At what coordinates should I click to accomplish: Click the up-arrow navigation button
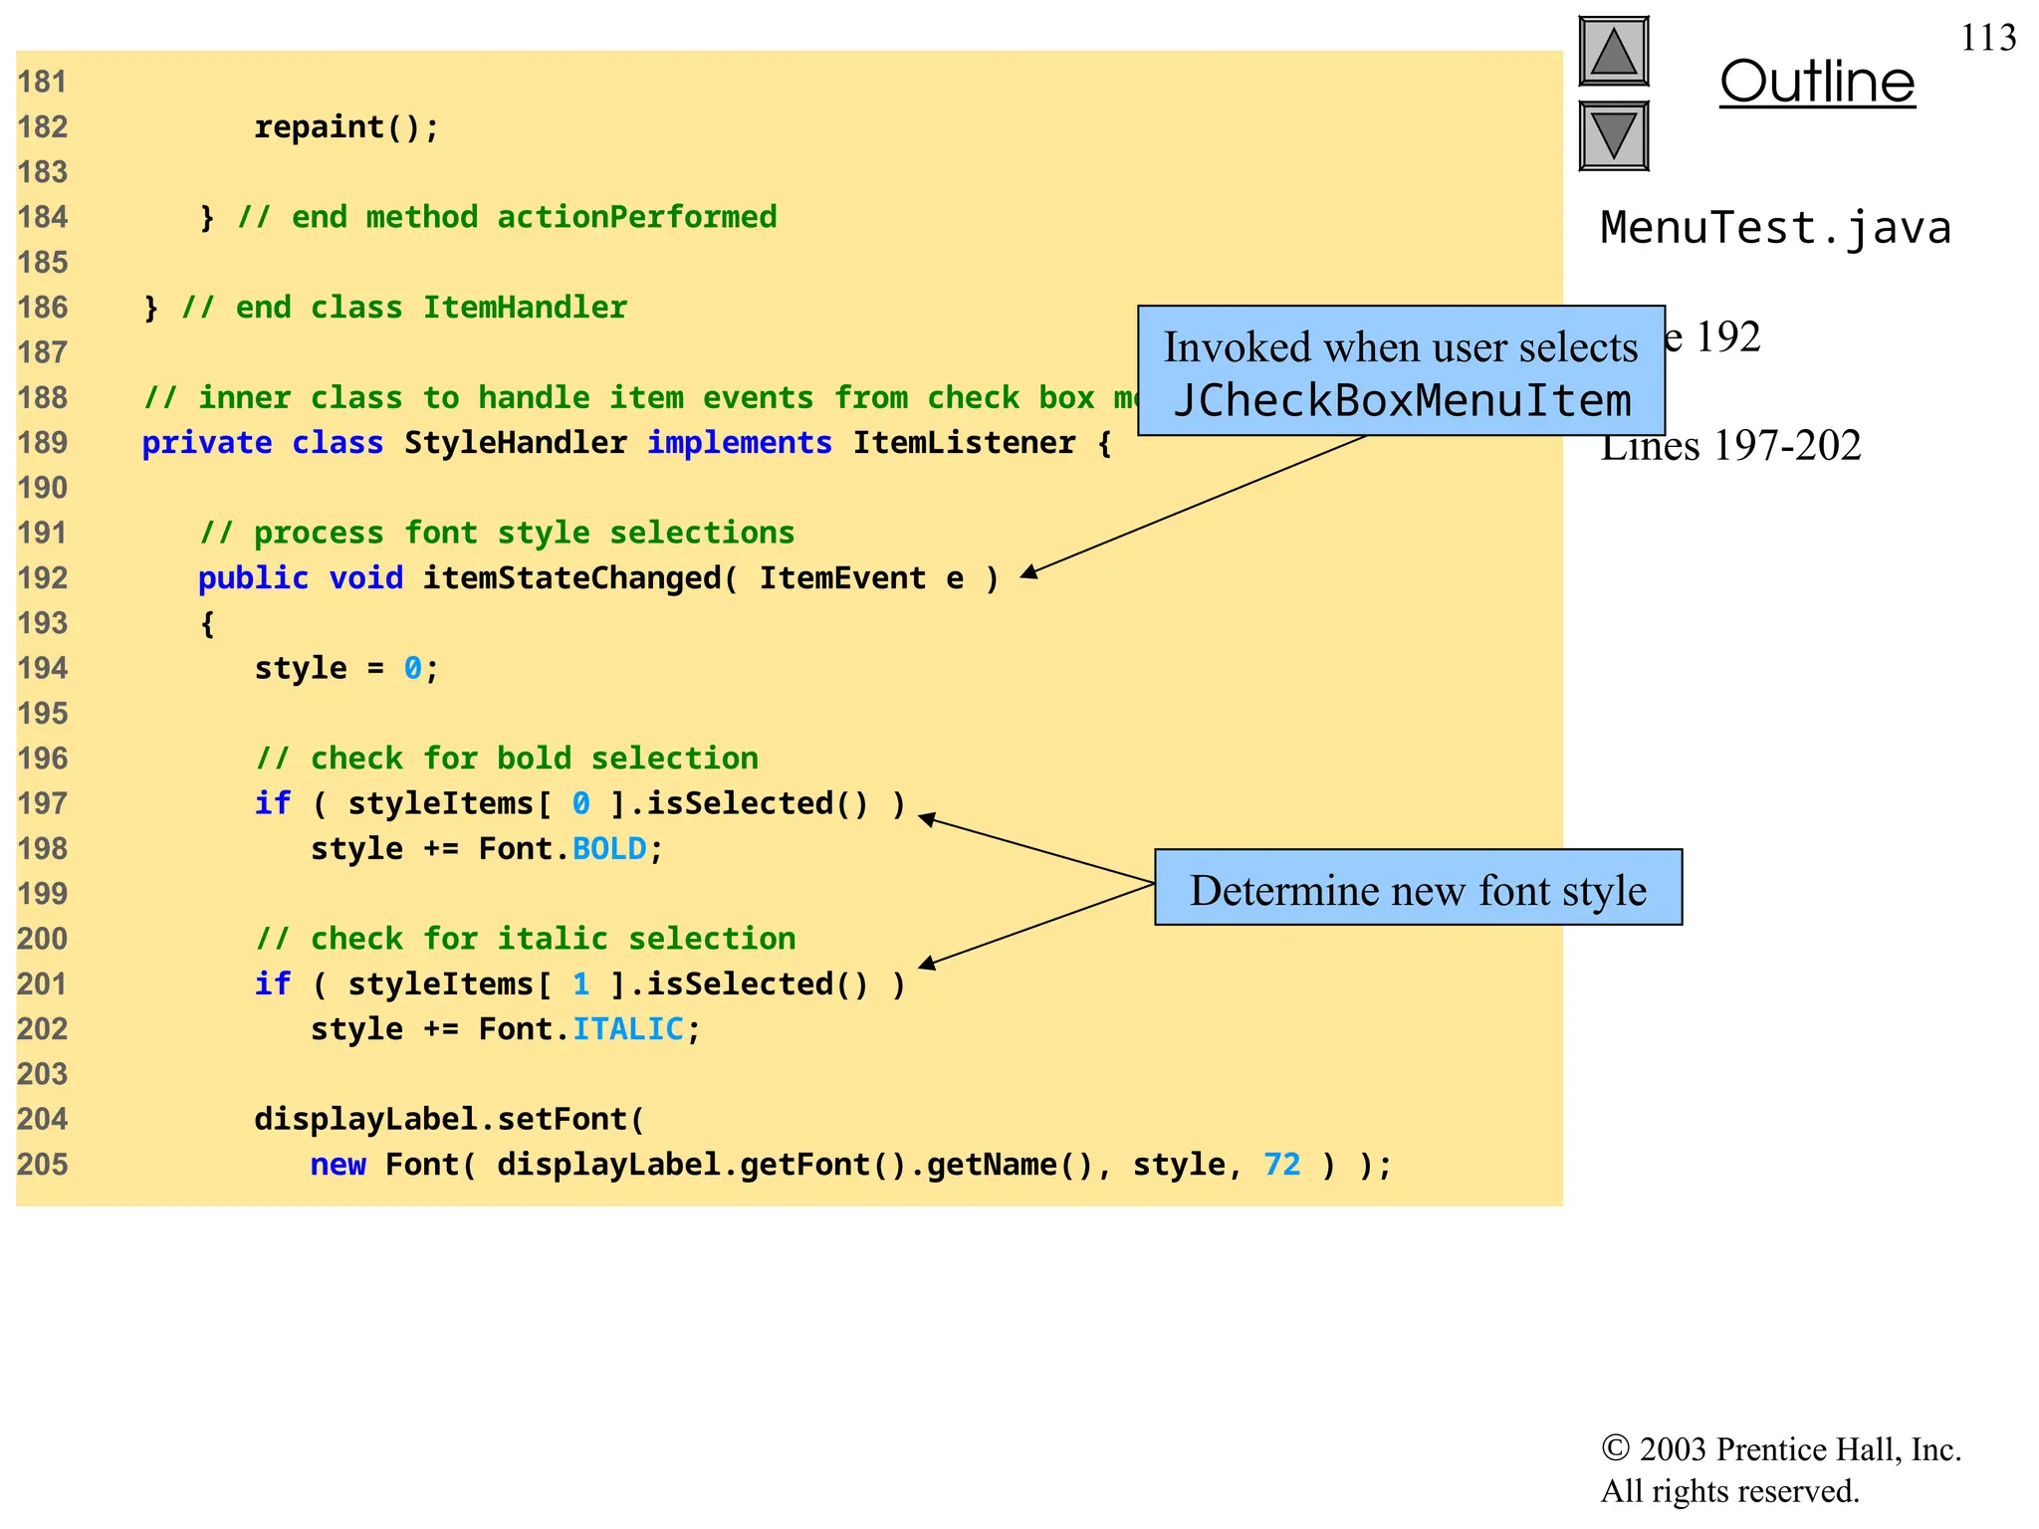1613,52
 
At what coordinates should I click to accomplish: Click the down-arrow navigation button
1613,135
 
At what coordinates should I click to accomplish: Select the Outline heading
1817,82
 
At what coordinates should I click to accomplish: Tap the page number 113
1987,38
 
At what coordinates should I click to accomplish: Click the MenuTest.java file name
1775,228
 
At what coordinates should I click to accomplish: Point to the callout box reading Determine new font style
1418,888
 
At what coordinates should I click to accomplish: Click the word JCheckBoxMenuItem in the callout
1402,400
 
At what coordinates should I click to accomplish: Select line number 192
43,578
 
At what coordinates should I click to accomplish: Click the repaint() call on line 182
345,127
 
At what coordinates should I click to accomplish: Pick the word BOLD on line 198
609,849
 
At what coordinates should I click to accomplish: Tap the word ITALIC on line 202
627,1029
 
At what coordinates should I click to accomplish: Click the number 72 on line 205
1281,1165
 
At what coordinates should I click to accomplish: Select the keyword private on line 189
206,443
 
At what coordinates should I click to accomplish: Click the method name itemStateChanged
572,578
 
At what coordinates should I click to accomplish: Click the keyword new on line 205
338,1165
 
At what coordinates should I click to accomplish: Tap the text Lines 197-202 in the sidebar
1730,446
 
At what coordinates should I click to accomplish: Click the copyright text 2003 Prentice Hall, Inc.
1798,1449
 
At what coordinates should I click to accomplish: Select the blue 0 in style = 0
412,668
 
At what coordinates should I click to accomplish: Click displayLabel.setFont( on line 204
449,1120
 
